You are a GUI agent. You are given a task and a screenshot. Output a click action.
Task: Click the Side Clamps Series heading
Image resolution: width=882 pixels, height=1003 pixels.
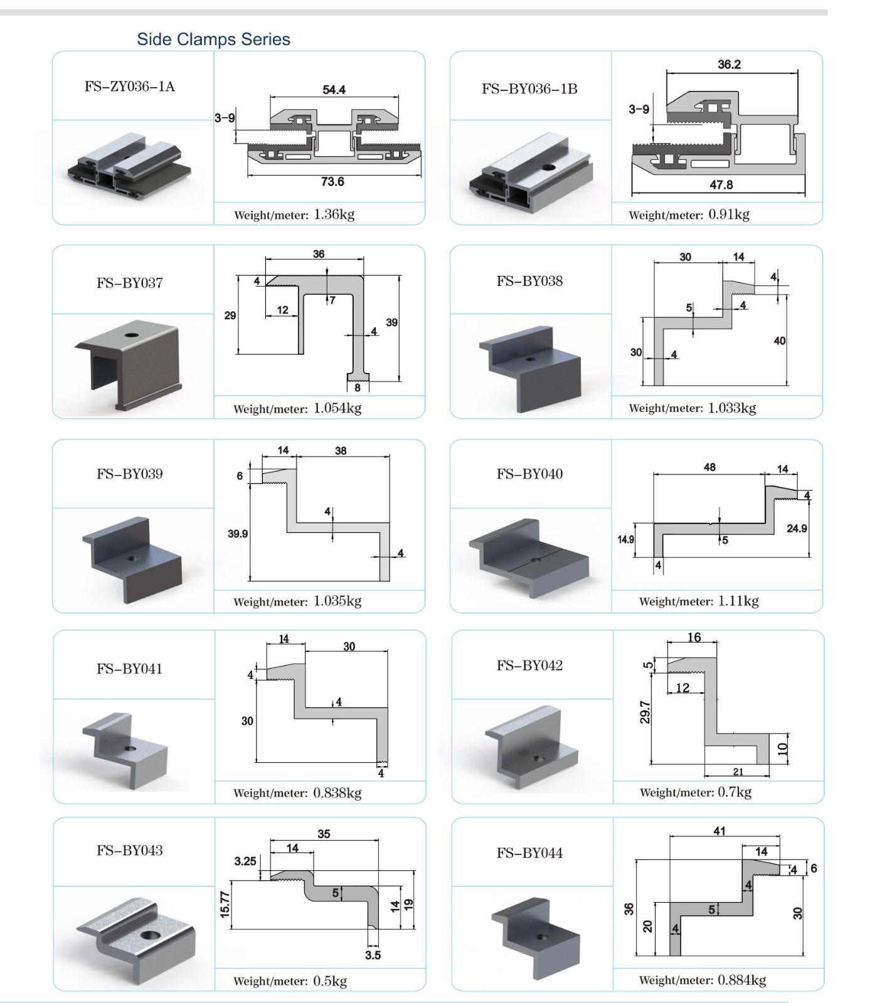coord(213,39)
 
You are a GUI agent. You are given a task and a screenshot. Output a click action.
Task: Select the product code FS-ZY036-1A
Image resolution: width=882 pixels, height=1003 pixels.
coord(130,87)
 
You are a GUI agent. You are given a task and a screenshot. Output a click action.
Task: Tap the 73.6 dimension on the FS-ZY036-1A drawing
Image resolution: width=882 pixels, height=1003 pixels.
coord(332,182)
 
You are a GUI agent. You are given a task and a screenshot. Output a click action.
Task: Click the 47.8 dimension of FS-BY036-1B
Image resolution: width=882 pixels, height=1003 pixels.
coord(721,185)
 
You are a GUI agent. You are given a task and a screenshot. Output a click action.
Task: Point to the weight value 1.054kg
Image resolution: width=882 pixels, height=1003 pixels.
coord(337,409)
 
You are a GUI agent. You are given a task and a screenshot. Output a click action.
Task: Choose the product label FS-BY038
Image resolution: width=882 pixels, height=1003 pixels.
coord(529,281)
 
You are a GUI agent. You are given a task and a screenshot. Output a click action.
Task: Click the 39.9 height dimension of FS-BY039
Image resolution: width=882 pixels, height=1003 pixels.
coord(238,534)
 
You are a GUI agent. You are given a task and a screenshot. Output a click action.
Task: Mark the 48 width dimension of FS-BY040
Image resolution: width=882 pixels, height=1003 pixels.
coord(709,467)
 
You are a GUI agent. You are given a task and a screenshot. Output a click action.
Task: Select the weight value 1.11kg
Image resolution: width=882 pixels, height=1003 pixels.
coord(738,601)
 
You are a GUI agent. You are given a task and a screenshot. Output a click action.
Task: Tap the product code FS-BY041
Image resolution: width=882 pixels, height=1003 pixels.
coord(129,669)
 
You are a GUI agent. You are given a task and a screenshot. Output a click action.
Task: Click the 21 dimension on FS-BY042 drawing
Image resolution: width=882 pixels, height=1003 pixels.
coord(738,772)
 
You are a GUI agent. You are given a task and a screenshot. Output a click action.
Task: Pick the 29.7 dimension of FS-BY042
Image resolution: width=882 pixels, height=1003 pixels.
coord(645,712)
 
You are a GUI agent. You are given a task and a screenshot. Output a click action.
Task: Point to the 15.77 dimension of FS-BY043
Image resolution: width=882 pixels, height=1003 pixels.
coord(225,905)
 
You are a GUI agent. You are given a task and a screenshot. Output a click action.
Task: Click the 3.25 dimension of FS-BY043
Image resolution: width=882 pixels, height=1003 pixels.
coord(245,861)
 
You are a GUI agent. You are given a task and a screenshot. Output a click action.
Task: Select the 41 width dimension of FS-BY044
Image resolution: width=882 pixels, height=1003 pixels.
coord(720,831)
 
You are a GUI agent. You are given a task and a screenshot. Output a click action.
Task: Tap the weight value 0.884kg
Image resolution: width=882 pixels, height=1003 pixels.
coord(741,980)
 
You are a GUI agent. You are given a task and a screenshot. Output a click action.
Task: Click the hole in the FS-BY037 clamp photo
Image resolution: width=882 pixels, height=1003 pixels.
coord(132,335)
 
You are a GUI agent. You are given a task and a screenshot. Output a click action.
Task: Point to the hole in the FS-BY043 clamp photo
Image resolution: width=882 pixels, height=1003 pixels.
coord(151,935)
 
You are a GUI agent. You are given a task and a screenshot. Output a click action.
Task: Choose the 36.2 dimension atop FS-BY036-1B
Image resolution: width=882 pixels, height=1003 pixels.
coord(729,65)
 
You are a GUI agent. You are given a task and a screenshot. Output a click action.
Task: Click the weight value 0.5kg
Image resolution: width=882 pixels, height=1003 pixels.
coord(330,981)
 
